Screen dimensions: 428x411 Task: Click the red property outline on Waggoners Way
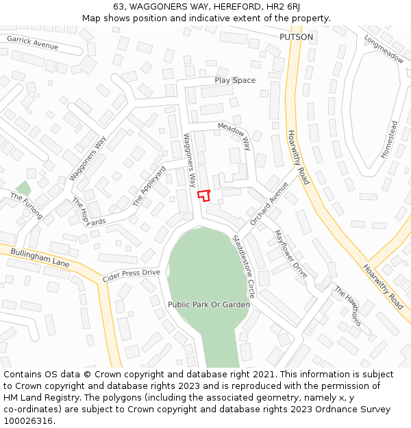203,195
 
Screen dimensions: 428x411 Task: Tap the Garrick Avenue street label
33,43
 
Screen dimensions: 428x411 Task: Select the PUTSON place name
296,37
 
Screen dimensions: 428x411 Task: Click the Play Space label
235,81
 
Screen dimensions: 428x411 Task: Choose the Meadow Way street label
235,136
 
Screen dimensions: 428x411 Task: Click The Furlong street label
27,206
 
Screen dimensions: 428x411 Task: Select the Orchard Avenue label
269,203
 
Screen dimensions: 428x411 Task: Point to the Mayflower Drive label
290,253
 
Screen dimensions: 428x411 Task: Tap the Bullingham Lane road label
40,258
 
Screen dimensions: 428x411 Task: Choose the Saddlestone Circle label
244,266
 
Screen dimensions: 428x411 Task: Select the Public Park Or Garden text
209,304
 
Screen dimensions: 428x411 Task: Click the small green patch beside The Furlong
24,188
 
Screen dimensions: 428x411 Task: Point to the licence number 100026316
29,421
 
